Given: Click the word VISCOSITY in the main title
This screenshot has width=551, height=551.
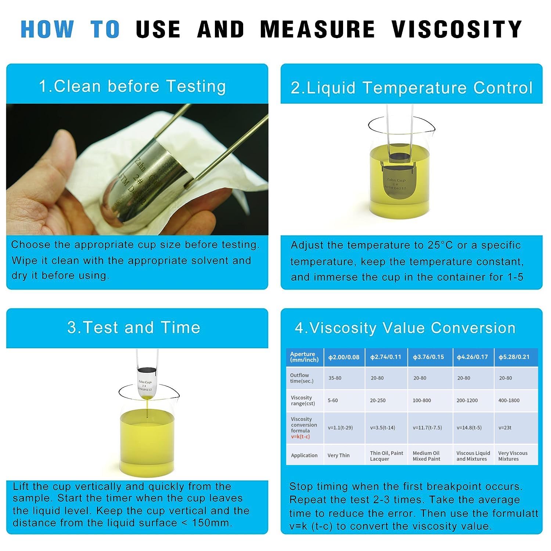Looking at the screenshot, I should click(x=457, y=29).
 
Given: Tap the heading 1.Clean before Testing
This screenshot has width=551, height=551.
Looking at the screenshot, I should click(x=132, y=86).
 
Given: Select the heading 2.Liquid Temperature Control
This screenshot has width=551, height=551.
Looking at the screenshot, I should click(x=411, y=88).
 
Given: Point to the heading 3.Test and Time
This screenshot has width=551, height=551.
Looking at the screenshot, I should click(x=134, y=327).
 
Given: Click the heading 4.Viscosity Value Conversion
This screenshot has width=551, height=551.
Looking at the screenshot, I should click(x=405, y=328).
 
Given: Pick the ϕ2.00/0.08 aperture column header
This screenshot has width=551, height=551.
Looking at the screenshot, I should click(x=344, y=357).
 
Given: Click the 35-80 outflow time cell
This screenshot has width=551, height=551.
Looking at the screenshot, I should click(x=335, y=378).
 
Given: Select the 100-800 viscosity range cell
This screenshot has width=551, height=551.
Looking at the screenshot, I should click(x=422, y=400).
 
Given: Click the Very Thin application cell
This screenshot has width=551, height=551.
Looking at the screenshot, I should click(x=338, y=455).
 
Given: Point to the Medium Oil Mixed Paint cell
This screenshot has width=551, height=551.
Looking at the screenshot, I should click(x=426, y=456).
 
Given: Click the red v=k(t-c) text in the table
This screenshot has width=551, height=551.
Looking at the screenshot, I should click(x=300, y=437).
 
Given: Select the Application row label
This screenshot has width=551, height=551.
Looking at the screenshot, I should click(x=304, y=455).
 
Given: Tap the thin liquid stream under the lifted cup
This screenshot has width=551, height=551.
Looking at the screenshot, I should click(x=147, y=408).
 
